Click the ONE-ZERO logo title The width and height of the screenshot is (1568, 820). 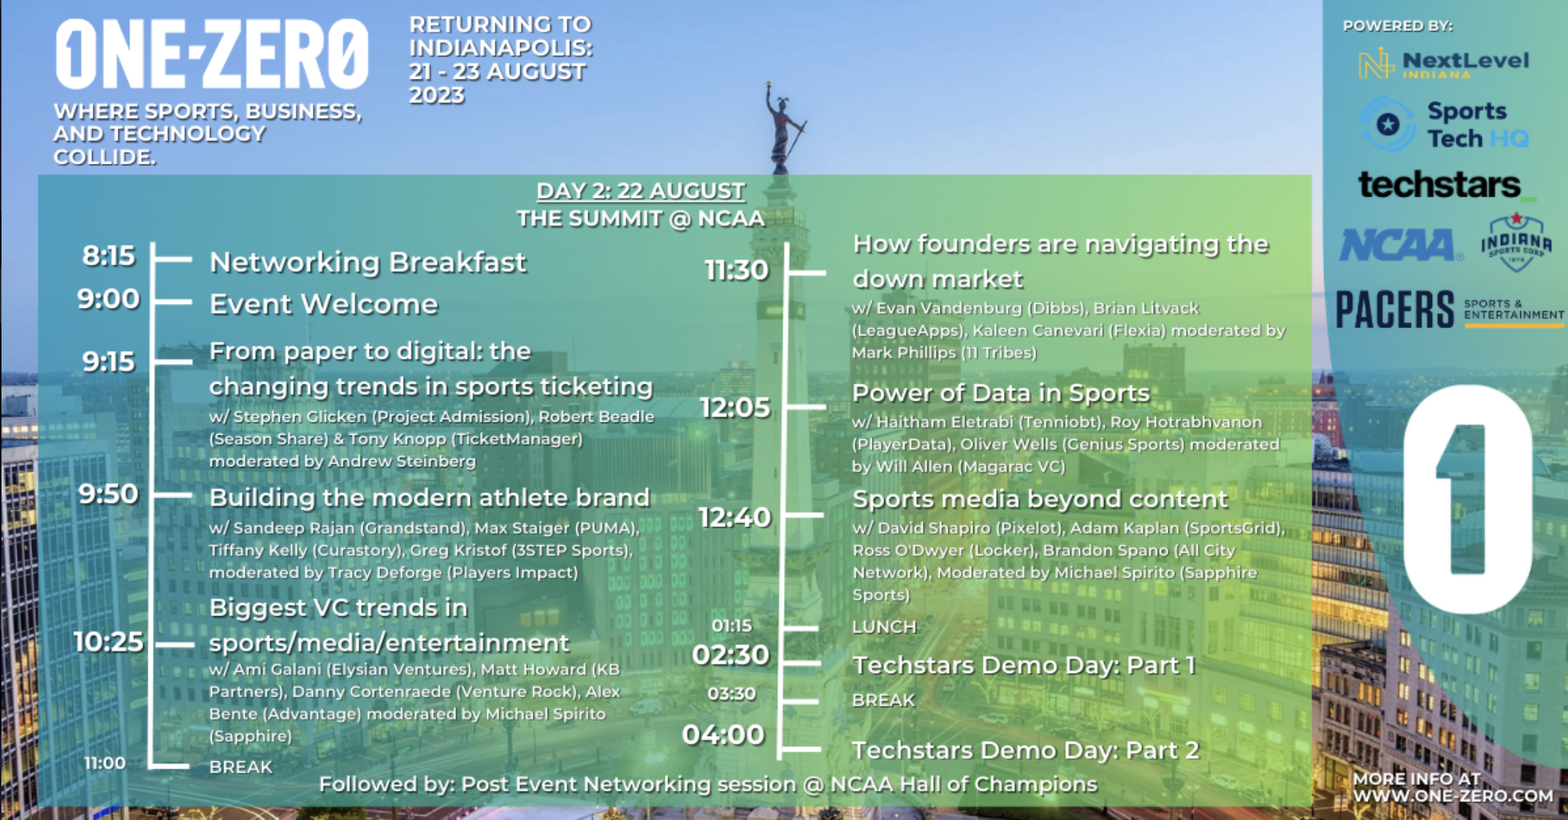pyautogui.click(x=212, y=55)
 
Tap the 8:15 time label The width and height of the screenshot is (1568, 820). pyautogui.click(x=109, y=256)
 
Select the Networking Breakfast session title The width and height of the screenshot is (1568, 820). pyautogui.click(x=368, y=262)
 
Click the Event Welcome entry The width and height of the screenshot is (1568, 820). pyautogui.click(x=324, y=304)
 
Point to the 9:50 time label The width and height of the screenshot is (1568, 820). pyautogui.click(x=109, y=494)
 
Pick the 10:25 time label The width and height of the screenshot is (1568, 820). pyautogui.click(x=109, y=642)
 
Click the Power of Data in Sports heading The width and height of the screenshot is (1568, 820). pyautogui.click(x=1001, y=393)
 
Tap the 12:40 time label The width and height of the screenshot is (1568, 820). pyautogui.click(x=735, y=517)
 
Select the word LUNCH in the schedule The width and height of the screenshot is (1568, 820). pyautogui.click(x=884, y=627)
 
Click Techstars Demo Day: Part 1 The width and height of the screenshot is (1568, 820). pyautogui.click(x=1024, y=665)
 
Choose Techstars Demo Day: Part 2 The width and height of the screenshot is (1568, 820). pyautogui.click(x=1026, y=750)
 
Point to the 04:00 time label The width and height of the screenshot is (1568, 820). pyautogui.click(x=723, y=734)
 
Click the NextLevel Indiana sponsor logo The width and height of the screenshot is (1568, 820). pyautogui.click(x=1443, y=63)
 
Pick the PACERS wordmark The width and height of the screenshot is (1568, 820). pyautogui.click(x=1394, y=309)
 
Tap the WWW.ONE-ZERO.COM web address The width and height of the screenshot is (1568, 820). pyautogui.click(x=1453, y=796)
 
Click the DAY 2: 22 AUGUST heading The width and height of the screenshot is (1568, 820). pyautogui.click(x=641, y=191)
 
